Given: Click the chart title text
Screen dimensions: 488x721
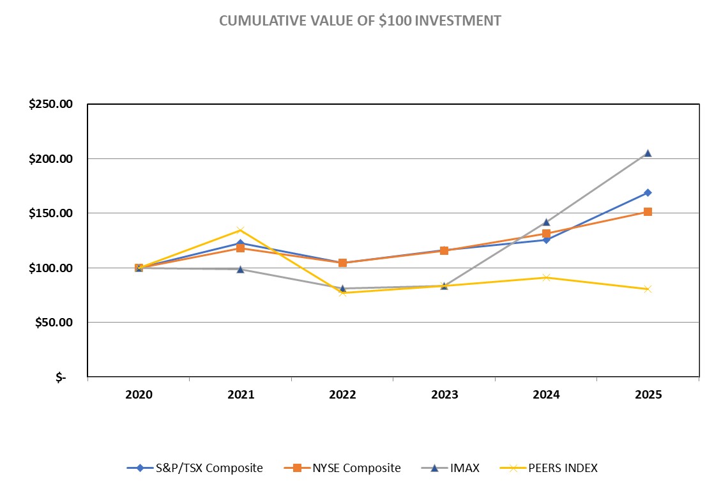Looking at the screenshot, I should click(360, 20).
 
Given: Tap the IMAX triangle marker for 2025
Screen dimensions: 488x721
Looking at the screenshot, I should click(648, 153).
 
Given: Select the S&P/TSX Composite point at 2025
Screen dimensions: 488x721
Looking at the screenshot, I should click(648, 192).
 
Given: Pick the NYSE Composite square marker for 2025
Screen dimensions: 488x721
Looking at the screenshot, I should click(648, 211).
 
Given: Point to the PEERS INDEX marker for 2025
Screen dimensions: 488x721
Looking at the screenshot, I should click(648, 289).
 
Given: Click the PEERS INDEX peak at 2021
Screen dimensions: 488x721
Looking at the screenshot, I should click(241, 230).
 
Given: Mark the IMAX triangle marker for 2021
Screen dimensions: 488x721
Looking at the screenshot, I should click(241, 269).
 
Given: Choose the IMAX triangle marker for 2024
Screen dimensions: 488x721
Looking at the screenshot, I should click(546, 222).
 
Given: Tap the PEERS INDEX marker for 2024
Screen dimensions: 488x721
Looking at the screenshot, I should click(546, 277).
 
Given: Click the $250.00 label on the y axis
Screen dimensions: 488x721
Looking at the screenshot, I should click(50, 104).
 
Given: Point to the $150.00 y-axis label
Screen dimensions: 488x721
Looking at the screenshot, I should click(50, 213).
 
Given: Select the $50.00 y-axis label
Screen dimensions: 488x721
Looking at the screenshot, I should click(54, 323).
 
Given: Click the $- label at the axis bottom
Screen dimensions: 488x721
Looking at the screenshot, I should click(61, 377).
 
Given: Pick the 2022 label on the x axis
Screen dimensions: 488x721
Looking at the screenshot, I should click(342, 395).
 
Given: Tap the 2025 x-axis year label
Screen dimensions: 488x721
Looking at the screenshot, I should click(648, 395).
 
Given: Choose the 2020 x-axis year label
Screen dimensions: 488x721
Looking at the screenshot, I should click(139, 395).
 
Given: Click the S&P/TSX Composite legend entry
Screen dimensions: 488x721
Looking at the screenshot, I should click(195, 468).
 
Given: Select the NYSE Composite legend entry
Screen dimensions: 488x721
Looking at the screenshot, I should click(342, 468).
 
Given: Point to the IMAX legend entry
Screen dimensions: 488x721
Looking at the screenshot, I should click(454, 468).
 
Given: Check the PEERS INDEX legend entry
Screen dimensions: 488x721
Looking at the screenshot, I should click(552, 468).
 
